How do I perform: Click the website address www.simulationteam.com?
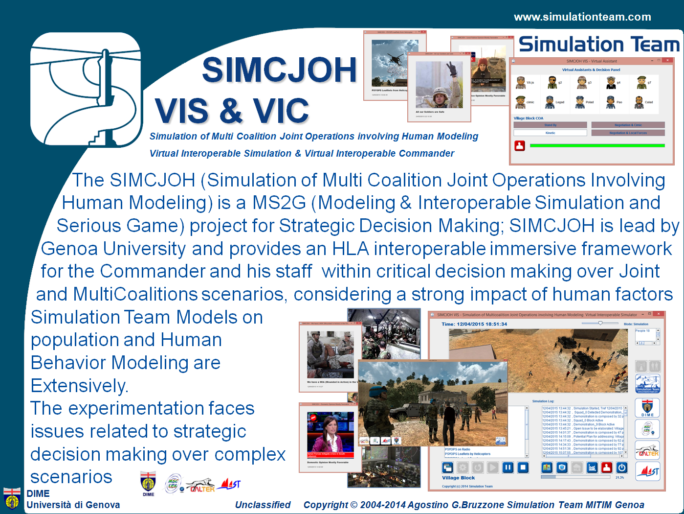[x=582, y=17]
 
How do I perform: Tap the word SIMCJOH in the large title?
[x=279, y=70]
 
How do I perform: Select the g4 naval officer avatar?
[x=610, y=83]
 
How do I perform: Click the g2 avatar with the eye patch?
[x=552, y=83]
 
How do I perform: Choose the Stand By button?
[x=550, y=125]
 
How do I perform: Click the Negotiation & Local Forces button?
[x=628, y=133]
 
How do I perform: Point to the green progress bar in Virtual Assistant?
[x=597, y=145]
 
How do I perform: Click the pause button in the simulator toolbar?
[x=508, y=467]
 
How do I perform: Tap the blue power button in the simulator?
[x=621, y=467]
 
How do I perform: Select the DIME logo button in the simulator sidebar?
[x=647, y=408]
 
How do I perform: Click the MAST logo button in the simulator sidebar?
[x=648, y=471]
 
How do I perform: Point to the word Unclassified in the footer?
[x=263, y=505]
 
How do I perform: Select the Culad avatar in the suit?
[x=639, y=102]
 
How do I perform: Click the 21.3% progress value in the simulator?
[x=619, y=477]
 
